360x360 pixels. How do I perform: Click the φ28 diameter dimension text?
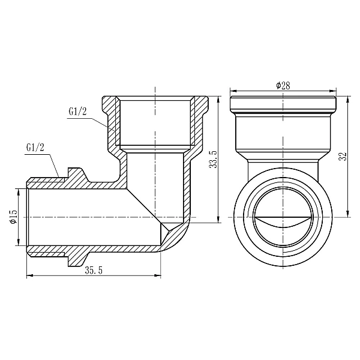tap(283, 86)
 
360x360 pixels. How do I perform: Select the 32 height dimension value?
tap(343, 155)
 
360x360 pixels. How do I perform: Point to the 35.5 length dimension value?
tap(93, 271)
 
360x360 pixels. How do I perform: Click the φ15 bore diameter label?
tap(13, 218)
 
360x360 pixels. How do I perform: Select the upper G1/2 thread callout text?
tap(78, 112)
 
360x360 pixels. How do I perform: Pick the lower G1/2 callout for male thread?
tap(36, 148)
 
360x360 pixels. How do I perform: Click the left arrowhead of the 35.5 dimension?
tap(29, 276)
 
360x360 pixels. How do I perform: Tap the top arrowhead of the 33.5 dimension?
tap(217, 97)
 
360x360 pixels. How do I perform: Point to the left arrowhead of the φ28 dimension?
tap(233, 91)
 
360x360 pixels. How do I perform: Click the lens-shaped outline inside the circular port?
tap(283, 223)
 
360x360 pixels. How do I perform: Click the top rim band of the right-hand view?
tap(283, 103)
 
